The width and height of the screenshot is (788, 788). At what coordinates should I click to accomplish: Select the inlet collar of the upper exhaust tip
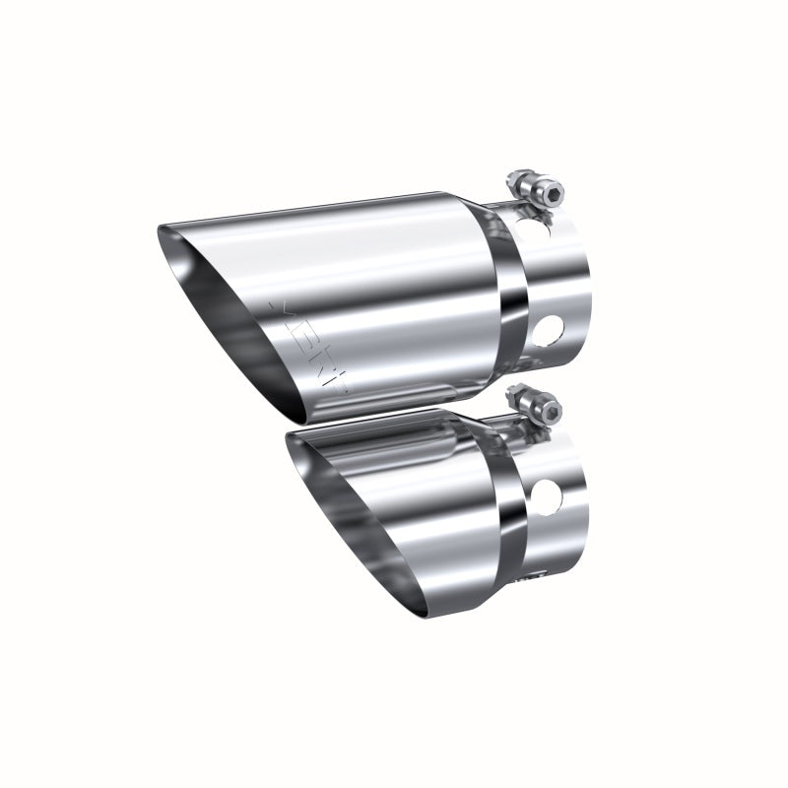[557, 286]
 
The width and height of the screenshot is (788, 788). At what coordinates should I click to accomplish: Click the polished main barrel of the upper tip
[394, 286]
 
